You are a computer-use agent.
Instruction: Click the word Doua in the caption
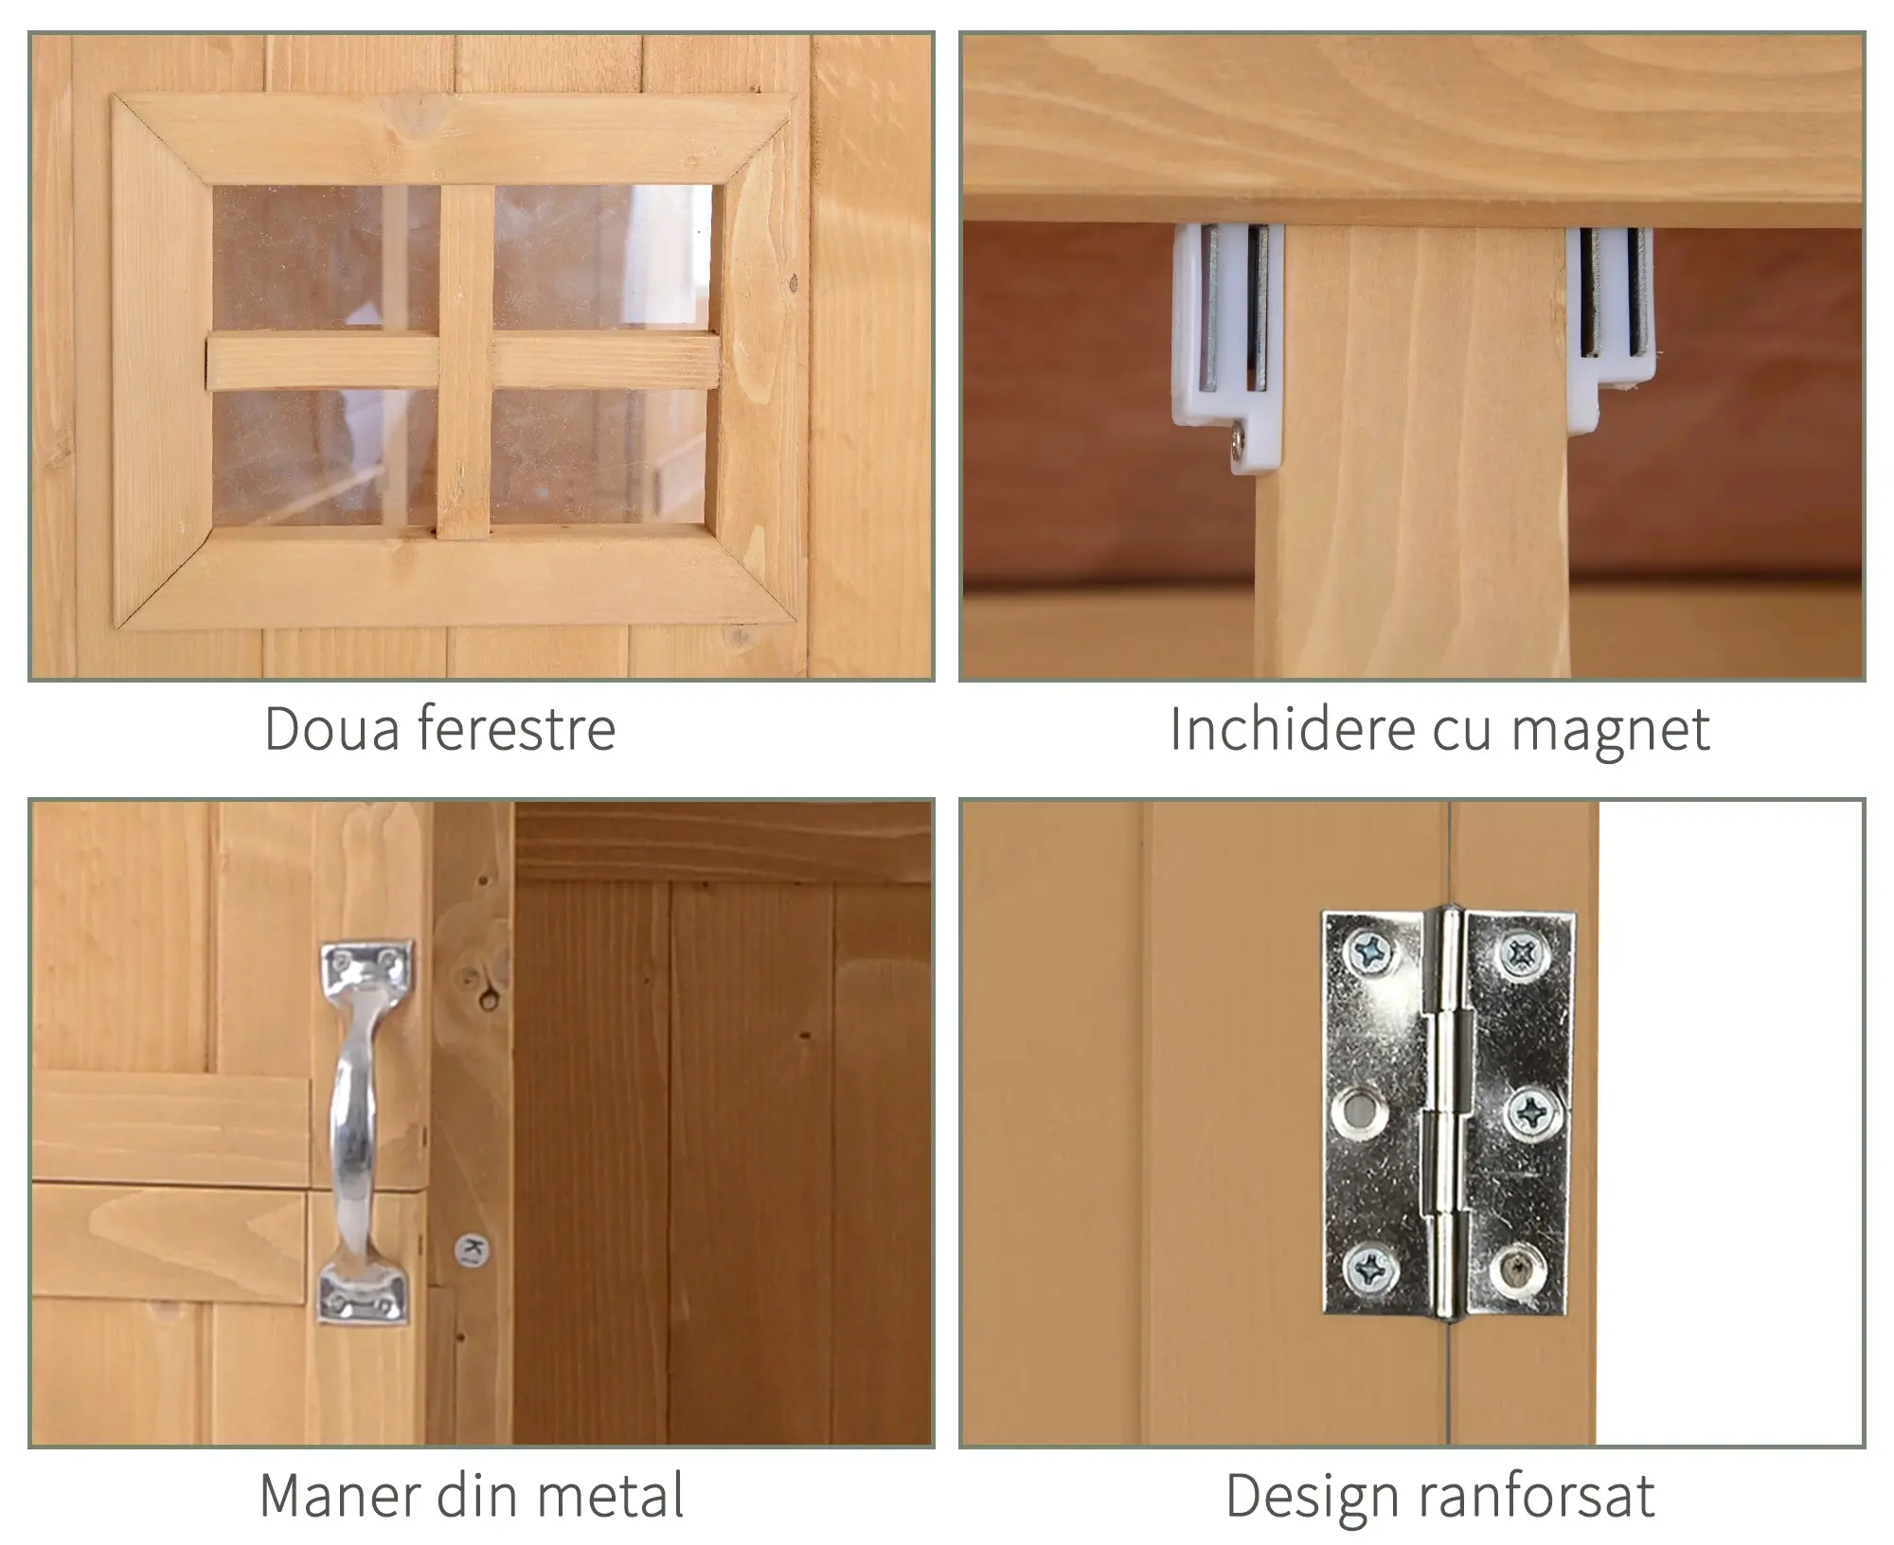(x=331, y=728)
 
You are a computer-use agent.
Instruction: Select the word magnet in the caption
(x=1610, y=731)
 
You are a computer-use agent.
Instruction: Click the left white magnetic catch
(x=1227, y=346)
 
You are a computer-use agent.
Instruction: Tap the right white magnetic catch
(x=1609, y=327)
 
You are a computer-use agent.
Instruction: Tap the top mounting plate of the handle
(x=367, y=966)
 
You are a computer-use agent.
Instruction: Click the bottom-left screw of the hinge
(x=1369, y=1266)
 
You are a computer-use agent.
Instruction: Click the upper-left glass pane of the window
(x=325, y=257)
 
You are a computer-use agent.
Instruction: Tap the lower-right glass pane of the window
(x=599, y=456)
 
